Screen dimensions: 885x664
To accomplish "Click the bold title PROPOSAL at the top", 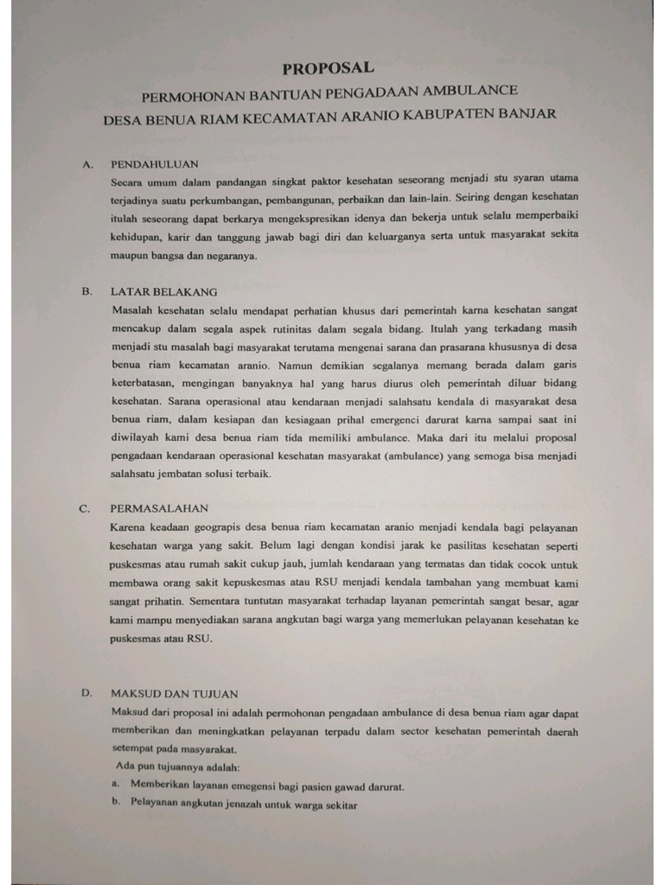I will (x=329, y=67).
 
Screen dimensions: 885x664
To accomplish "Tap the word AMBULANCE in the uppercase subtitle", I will (x=474, y=90).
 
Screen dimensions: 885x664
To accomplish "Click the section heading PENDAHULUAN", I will (x=155, y=162).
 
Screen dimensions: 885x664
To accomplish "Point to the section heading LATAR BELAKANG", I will (x=163, y=292).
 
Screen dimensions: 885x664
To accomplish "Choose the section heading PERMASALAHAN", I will (x=159, y=508).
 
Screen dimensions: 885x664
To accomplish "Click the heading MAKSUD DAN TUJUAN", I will (x=174, y=693).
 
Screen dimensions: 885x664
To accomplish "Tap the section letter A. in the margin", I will (x=87, y=162).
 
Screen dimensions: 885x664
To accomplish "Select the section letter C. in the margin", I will (x=86, y=508).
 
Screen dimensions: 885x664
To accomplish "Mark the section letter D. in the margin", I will (x=86, y=693).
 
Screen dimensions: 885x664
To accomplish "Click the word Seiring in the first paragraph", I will (x=472, y=195).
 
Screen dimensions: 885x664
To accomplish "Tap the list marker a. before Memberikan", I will (x=115, y=786).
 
